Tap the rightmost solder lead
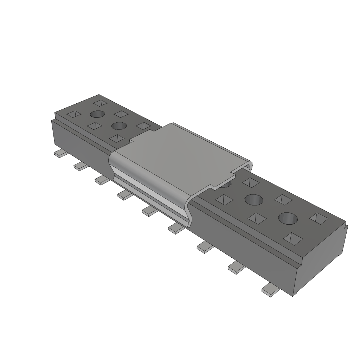[270, 290]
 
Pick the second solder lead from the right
[236, 268]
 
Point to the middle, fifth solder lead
[149, 211]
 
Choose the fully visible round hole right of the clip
[254, 200]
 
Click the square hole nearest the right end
[319, 219]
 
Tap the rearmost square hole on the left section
[100, 103]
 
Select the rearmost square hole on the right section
[251, 182]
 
